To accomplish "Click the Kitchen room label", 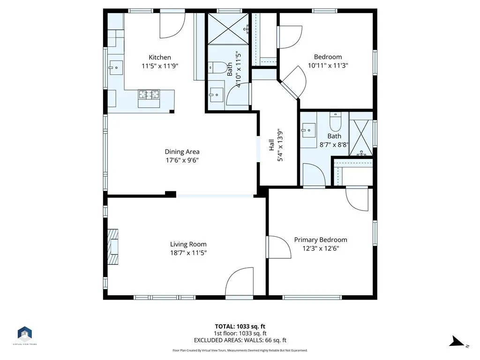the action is click(160, 57).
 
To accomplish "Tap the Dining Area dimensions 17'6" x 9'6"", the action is click(182, 160).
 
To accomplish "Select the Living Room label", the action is click(188, 244).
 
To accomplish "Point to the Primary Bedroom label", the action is click(321, 240).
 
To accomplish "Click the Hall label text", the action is click(271, 145).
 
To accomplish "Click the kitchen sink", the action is click(116, 67).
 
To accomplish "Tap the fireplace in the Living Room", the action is click(112, 247).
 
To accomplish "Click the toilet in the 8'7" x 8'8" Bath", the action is click(335, 122).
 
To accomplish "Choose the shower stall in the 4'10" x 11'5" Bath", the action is click(228, 29).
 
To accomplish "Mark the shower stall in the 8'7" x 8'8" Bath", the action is click(361, 137).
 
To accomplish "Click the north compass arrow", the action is click(458, 342).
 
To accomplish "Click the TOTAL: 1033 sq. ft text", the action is click(240, 326).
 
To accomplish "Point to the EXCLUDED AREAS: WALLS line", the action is click(240, 340).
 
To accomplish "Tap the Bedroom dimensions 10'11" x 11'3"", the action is click(328, 65).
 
